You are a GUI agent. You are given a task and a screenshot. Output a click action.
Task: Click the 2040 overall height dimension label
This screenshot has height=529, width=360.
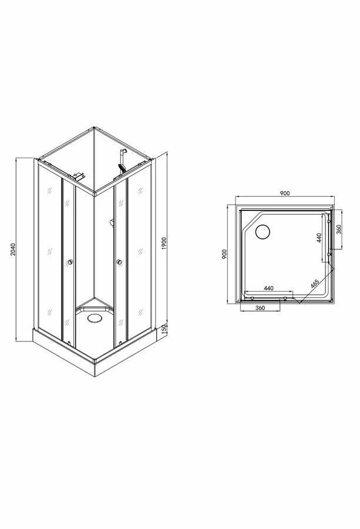[13, 249]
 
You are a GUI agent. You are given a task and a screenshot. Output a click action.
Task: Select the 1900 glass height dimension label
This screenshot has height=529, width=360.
[164, 243]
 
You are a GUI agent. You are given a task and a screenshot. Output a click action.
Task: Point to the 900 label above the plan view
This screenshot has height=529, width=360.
[285, 193]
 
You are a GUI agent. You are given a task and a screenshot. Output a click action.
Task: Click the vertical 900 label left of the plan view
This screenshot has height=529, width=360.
[224, 254]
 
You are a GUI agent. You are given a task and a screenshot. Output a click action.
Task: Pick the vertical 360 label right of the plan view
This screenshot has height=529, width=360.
[339, 229]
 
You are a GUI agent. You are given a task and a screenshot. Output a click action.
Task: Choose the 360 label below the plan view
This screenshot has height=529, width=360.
[260, 307]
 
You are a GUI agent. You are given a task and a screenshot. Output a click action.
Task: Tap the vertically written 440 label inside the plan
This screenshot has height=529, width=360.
[319, 237]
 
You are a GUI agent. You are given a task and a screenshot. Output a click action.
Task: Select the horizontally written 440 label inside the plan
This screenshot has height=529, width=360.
[268, 288]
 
